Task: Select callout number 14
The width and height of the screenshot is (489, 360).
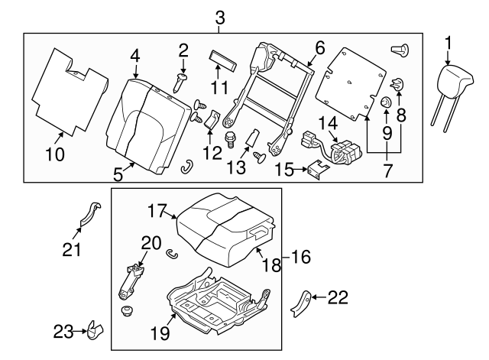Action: pyautogui.click(x=328, y=122)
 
